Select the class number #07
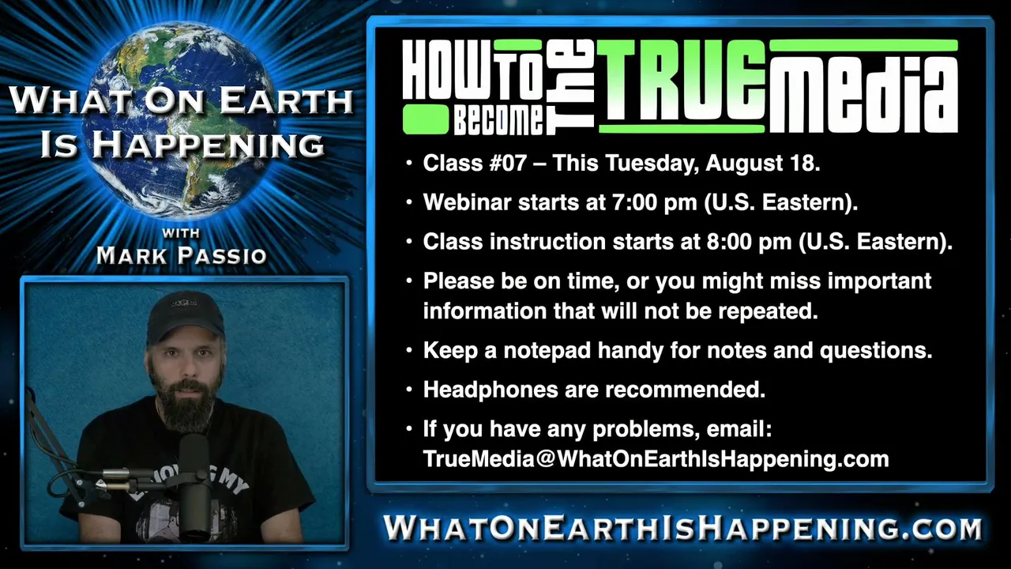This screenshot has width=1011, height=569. click(508, 163)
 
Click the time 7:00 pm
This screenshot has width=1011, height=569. click(655, 202)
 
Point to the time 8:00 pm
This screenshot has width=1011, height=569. click(749, 242)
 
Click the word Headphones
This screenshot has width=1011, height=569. click(490, 390)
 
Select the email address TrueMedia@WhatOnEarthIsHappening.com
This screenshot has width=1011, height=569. click(656, 459)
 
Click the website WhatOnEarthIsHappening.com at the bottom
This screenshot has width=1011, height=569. click(682, 528)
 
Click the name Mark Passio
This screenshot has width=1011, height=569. click(182, 255)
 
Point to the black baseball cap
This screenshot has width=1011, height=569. click(186, 316)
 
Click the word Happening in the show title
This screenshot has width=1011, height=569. click(209, 145)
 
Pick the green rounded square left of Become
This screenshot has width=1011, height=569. click(426, 119)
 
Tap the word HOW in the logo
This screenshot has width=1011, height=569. click(447, 70)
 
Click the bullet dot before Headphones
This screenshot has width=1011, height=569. click(409, 389)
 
